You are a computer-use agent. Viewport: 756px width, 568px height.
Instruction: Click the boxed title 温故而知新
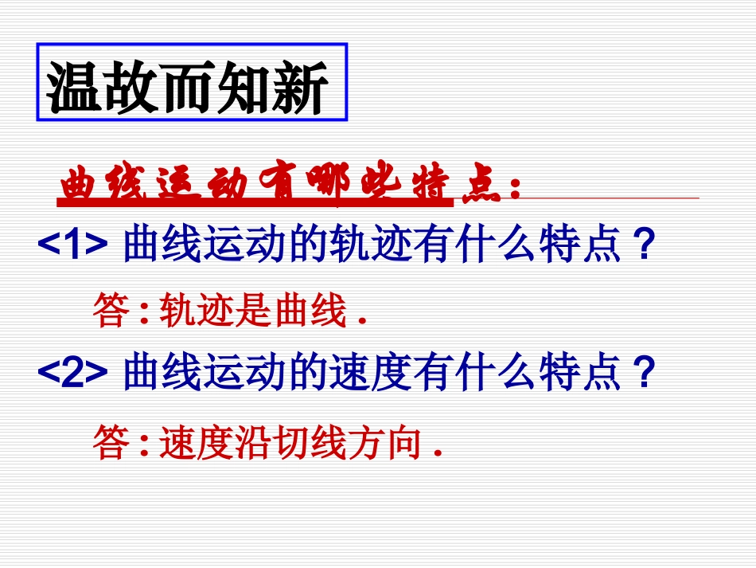point(191,84)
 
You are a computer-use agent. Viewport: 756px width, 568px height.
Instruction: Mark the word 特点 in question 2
point(589,372)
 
